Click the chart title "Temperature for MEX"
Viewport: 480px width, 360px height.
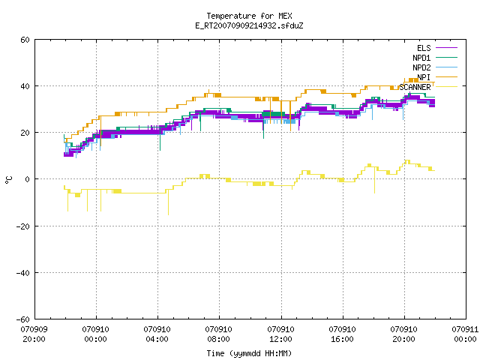(x=249, y=16)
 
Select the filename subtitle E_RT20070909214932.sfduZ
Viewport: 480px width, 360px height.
(x=249, y=25)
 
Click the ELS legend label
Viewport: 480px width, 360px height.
(x=424, y=48)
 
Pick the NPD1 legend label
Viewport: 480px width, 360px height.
(x=421, y=58)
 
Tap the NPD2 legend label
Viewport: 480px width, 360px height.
(x=421, y=67)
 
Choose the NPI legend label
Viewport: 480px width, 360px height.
(x=424, y=77)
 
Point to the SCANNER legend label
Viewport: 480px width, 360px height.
(x=415, y=87)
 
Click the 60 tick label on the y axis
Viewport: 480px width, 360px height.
(x=25, y=40)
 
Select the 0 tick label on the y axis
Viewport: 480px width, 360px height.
(x=28, y=179)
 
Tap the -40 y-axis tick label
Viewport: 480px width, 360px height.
(x=23, y=273)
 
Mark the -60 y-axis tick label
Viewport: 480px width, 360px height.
(x=23, y=319)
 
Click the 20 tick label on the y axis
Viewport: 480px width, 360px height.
(x=25, y=133)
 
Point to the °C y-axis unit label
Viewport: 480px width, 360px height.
(x=8, y=180)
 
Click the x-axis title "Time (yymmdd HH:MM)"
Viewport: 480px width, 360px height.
(x=249, y=353)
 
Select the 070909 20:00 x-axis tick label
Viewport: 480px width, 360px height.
(x=34, y=334)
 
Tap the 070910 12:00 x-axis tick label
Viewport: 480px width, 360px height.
(x=280, y=334)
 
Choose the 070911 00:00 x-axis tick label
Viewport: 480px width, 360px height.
(x=465, y=334)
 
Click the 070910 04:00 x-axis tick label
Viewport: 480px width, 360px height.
(x=157, y=334)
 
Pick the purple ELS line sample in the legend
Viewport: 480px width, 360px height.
(x=446, y=48)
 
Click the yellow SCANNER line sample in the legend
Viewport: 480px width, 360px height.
(x=446, y=87)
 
